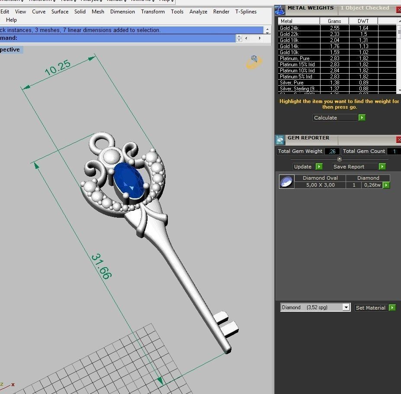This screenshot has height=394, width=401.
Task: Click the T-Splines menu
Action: coord(246,12)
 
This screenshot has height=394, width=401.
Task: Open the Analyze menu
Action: coord(198,12)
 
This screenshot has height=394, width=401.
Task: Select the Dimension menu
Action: coord(122,12)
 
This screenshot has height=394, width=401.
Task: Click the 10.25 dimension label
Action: coord(57,68)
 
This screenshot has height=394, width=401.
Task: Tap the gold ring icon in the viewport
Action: coord(254,63)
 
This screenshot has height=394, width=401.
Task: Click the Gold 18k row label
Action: coord(289,40)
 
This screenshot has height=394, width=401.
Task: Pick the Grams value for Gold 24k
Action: coord(334,28)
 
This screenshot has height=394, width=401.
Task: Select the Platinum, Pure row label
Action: coord(295,58)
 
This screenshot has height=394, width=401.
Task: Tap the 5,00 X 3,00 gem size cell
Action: coord(320,185)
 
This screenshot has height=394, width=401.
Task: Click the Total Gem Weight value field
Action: coord(332,152)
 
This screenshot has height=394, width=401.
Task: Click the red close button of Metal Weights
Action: coord(398,9)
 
